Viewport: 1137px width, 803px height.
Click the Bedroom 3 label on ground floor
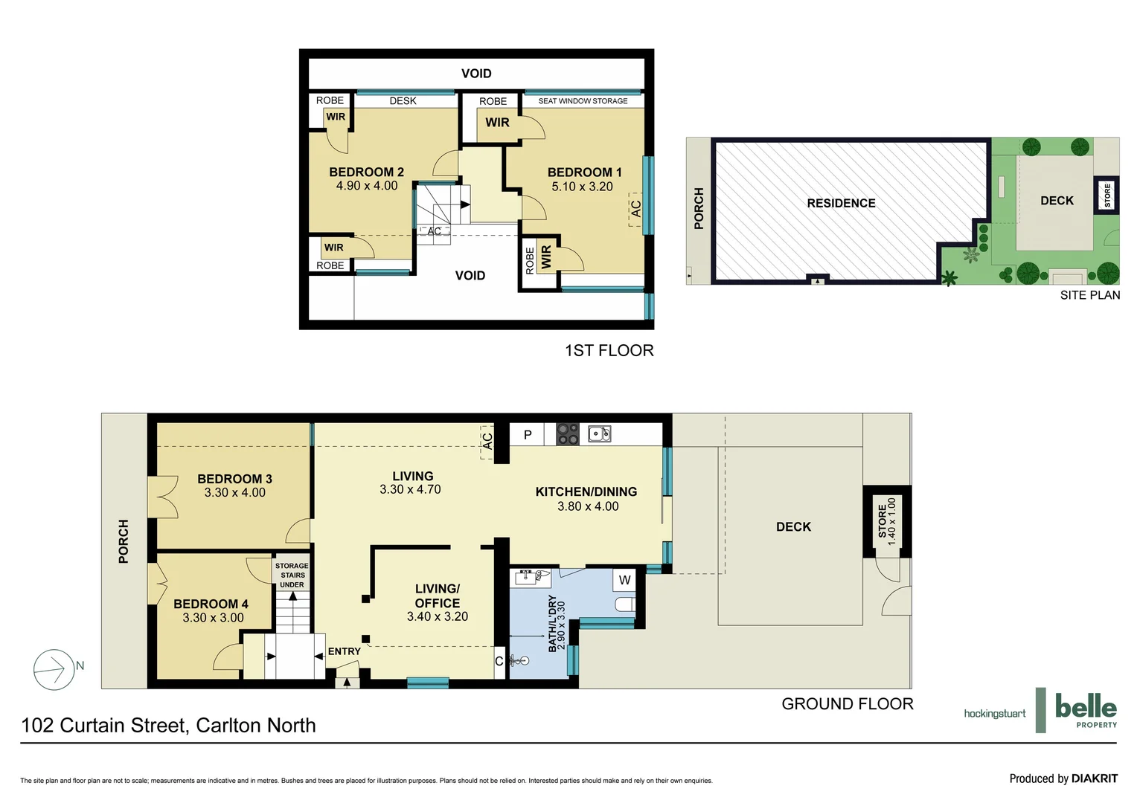tap(234, 479)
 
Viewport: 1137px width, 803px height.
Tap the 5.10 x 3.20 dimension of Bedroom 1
tap(582, 187)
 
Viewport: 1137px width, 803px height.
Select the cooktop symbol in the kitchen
tap(568, 433)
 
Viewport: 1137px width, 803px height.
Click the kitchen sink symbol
tap(599, 433)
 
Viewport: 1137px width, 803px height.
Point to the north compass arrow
tap(54, 669)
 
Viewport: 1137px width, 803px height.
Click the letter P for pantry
tap(528, 435)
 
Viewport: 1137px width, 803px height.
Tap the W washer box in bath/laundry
tap(624, 580)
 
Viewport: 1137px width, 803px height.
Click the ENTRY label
tap(344, 651)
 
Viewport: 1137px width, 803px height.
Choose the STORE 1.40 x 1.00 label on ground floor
tap(887, 521)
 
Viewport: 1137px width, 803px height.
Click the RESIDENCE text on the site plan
tap(841, 203)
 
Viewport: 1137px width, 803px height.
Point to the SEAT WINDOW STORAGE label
tap(583, 101)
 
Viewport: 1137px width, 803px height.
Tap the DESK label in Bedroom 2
tap(403, 101)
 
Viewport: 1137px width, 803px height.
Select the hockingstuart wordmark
tap(994, 714)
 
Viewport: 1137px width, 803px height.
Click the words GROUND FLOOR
tap(847, 704)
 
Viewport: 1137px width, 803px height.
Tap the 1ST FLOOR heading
tap(609, 350)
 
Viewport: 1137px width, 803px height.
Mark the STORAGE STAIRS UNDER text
tap(292, 575)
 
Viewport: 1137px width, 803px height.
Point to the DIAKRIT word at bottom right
tap(1094, 778)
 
